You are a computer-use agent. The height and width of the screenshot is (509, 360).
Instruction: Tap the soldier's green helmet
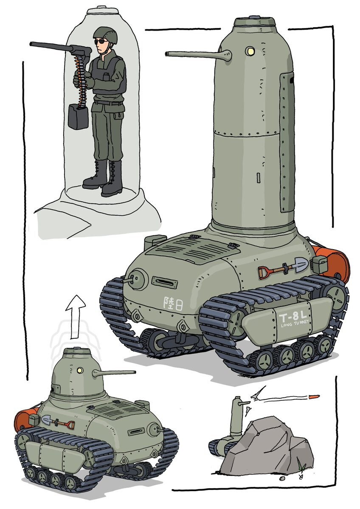[105, 35]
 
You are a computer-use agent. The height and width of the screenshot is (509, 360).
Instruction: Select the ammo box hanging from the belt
[78, 116]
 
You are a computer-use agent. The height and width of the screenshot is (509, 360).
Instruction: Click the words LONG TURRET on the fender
[295, 323]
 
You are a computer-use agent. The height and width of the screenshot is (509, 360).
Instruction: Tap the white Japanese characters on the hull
[173, 304]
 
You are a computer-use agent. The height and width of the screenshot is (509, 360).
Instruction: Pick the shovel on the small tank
[58, 422]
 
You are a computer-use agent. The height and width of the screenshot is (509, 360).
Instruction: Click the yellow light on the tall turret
[250, 51]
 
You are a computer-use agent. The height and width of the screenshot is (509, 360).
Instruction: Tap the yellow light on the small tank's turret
[79, 370]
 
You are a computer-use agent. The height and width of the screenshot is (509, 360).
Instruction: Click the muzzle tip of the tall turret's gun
[167, 53]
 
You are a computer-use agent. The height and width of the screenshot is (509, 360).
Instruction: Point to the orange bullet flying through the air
[314, 397]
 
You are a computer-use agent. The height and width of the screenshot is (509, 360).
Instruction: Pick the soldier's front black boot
[112, 180]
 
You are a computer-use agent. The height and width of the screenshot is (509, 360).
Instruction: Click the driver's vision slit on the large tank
[164, 282]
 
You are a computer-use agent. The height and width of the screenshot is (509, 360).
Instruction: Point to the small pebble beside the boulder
[282, 478]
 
